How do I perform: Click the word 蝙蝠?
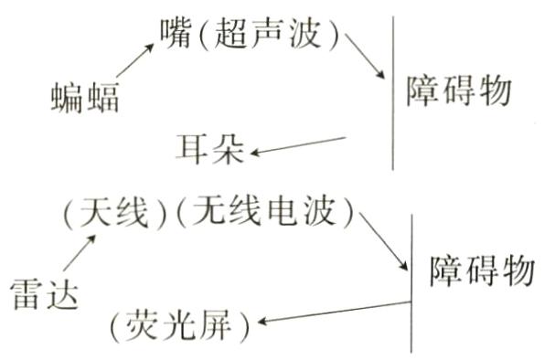point(85,95)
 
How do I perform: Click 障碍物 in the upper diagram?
point(457,90)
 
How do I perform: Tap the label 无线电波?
point(263,216)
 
